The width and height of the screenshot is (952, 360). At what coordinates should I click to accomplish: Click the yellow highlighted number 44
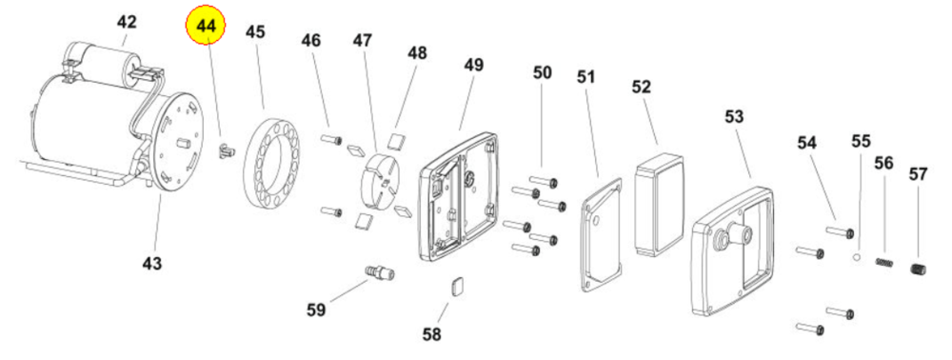[x=206, y=27]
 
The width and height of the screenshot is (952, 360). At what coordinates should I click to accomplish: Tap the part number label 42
[x=127, y=23]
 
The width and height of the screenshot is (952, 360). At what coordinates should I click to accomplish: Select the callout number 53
[x=734, y=116]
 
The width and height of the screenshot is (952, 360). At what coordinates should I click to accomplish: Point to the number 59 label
[x=316, y=310]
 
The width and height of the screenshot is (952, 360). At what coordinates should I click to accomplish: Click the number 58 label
[x=431, y=334]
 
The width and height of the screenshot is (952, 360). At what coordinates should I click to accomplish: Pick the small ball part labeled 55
[x=857, y=257]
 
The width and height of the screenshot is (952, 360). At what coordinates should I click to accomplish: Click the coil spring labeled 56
[x=884, y=263]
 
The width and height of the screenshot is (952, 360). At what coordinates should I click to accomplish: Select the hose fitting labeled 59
[x=380, y=271]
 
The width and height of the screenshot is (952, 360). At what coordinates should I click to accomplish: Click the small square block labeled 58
[x=458, y=286]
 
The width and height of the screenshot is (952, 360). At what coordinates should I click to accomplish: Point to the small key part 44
[x=226, y=150]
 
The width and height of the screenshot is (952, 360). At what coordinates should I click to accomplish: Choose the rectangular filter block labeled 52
[x=659, y=205]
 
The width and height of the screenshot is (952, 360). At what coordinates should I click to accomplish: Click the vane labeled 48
[x=398, y=141]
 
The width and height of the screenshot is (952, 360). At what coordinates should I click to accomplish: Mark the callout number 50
[x=543, y=72]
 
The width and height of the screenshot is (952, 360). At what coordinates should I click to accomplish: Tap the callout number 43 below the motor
[x=152, y=264]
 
